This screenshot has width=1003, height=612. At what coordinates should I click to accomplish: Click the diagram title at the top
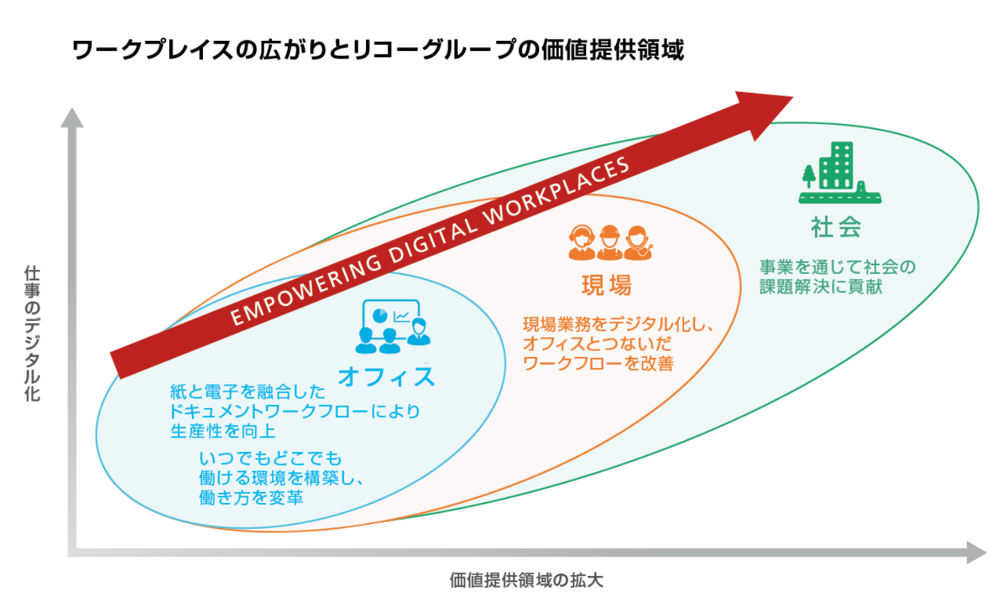[x=377, y=50]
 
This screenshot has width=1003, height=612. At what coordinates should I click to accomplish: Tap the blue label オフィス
[x=386, y=376]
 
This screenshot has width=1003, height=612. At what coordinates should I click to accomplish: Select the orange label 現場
[x=606, y=285]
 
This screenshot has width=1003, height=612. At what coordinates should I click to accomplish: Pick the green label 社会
[x=836, y=227]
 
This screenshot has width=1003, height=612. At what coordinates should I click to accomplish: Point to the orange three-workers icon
[x=610, y=243]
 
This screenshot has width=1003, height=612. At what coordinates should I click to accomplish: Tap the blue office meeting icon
[x=393, y=326]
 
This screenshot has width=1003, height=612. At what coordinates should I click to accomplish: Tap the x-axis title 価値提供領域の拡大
[x=526, y=580]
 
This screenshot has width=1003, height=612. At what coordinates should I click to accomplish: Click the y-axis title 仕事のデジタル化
[x=32, y=333]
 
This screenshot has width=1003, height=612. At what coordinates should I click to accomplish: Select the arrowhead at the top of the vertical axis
[x=72, y=117]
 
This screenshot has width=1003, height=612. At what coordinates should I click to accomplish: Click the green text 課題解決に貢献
[x=820, y=287]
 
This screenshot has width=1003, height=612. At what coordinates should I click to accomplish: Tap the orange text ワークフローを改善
[x=598, y=363]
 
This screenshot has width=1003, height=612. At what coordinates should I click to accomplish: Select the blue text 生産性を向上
[x=223, y=431]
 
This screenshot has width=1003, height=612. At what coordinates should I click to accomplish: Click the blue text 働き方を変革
[x=251, y=498]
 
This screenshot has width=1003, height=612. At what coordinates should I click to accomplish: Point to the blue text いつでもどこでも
[x=270, y=458]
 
